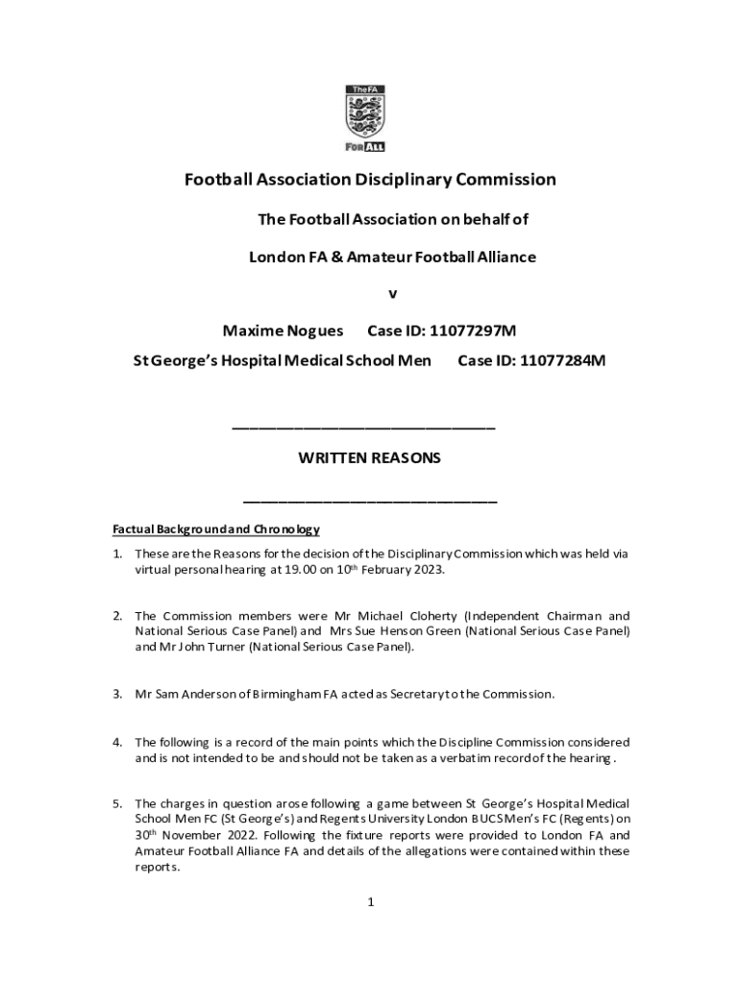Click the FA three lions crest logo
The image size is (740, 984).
point(365,116)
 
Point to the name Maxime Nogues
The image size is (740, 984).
point(283,332)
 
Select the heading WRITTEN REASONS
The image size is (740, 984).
point(370,458)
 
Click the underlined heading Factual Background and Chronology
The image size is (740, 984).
point(216,529)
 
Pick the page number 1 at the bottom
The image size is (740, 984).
point(370,902)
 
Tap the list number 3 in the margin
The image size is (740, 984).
point(116,694)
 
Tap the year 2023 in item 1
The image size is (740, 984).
point(428,570)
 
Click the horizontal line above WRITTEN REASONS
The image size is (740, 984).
point(364,426)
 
